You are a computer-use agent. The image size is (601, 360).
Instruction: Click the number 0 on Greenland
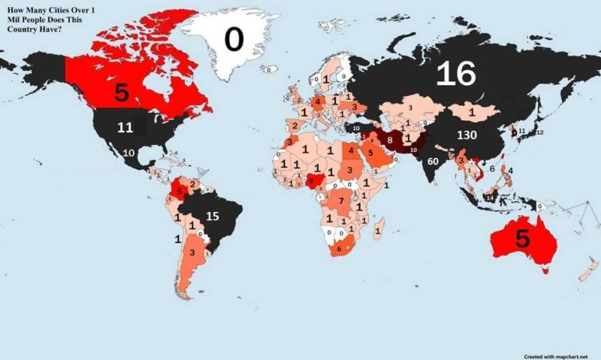pyautogui.click(x=233, y=40)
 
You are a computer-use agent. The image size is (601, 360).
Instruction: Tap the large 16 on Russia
pyautogui.click(x=455, y=74)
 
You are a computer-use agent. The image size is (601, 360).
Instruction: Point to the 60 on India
pyautogui.click(x=433, y=161)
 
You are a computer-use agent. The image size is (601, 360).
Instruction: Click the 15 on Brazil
pyautogui.click(x=213, y=216)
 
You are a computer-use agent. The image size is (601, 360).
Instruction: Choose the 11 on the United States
pyautogui.click(x=125, y=128)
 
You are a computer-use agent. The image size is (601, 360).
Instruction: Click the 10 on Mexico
pyautogui.click(x=129, y=153)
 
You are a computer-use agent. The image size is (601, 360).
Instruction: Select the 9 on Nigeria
pyautogui.click(x=311, y=181)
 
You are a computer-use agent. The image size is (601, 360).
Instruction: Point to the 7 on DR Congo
pyautogui.click(x=341, y=201)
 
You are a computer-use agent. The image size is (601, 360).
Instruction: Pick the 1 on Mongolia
pyautogui.click(x=471, y=113)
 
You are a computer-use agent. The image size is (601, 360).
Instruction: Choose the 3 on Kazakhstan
pyautogui.click(x=410, y=107)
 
